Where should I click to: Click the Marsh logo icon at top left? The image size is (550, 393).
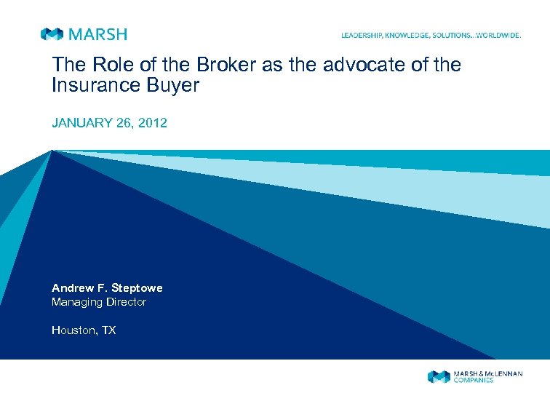pyautogui.click(x=52, y=34)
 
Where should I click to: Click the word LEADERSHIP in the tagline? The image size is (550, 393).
pyautogui.click(x=362, y=35)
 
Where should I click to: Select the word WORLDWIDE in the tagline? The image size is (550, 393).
pyautogui.click(x=498, y=35)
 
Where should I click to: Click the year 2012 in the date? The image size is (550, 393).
pyautogui.click(x=153, y=123)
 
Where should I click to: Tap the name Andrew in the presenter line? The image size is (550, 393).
pyautogui.click(x=71, y=288)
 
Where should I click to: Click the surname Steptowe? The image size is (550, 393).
pyautogui.click(x=136, y=288)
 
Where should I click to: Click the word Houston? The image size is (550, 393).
pyautogui.click(x=73, y=330)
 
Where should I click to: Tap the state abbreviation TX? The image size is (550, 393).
pyautogui.click(x=108, y=330)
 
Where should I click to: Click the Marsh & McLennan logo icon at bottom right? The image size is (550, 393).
pyautogui.click(x=438, y=376)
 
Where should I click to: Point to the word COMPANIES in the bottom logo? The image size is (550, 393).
pyautogui.click(x=473, y=381)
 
